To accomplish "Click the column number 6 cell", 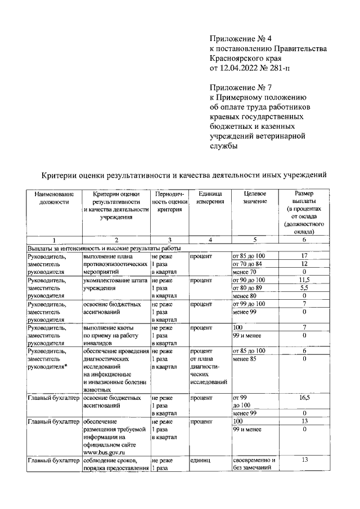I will click(304, 240).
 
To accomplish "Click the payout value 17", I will click(304, 256).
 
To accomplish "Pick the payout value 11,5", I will click(304, 280).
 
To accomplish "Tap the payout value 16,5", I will click(304, 398).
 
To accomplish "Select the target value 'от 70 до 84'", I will click(247, 264).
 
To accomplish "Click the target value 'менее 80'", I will click(244, 296).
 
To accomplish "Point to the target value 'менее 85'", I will click(244, 358).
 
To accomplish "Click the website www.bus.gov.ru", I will click(103, 452).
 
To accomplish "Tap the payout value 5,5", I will click(304, 287).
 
